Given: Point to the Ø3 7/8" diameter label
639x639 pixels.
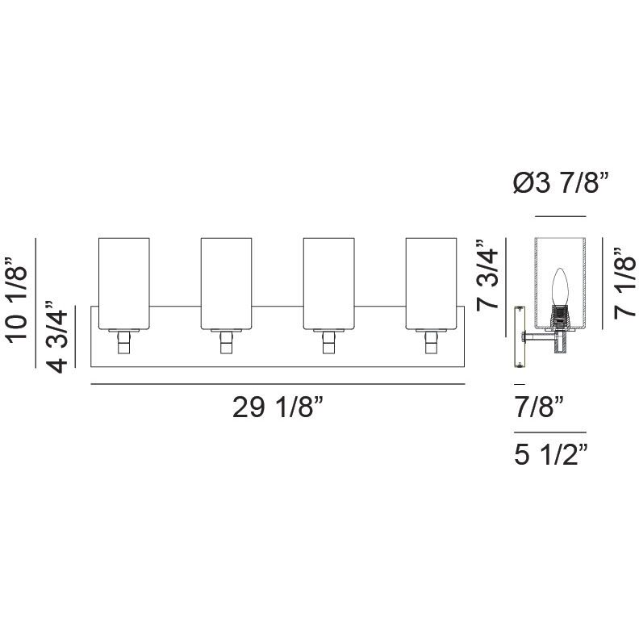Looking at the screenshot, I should click(x=559, y=185).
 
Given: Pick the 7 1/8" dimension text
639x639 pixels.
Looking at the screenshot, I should click(x=625, y=284).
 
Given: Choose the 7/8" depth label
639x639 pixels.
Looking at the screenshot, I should click(x=536, y=406).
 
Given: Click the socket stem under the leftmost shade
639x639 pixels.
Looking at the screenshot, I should click(x=123, y=344).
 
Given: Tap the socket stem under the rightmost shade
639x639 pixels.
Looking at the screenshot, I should click(x=432, y=344).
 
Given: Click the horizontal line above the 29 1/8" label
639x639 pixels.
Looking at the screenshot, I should click(x=278, y=384).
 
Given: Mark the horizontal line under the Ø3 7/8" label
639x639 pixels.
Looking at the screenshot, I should click(x=560, y=217).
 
